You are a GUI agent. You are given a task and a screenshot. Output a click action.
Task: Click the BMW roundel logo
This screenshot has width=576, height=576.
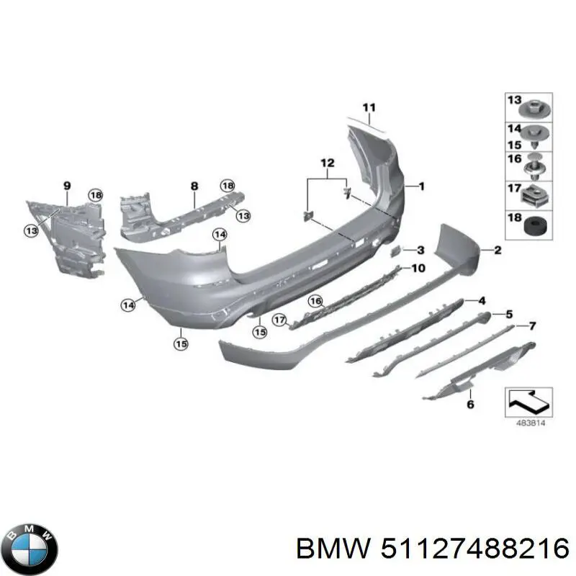(x=32, y=548)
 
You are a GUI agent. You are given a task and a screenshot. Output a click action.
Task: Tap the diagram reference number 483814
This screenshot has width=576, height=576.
(x=531, y=423)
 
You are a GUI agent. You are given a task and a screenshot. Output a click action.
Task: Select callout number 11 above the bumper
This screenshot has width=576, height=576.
(x=369, y=107)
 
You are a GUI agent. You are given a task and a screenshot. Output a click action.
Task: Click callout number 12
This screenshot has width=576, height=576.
(x=328, y=163)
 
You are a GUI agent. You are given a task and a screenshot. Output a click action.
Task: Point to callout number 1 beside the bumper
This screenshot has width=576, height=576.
(x=421, y=186)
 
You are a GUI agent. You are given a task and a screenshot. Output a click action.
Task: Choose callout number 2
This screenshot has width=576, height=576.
(x=498, y=250)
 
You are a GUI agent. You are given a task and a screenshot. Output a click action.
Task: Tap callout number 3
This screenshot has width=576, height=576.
(x=420, y=250)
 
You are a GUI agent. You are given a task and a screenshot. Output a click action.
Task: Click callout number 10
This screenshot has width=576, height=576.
(x=418, y=268)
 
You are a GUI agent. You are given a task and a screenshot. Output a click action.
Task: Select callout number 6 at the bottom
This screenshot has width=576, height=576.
(x=471, y=405)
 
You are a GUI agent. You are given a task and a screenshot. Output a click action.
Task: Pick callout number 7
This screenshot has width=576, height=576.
(x=532, y=325)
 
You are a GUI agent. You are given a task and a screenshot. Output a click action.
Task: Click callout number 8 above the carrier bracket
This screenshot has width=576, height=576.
(x=194, y=186)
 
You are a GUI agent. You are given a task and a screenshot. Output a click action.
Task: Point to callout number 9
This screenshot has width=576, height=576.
(x=67, y=186)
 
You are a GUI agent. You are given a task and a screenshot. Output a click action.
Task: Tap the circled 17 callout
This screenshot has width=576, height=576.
(x=279, y=320)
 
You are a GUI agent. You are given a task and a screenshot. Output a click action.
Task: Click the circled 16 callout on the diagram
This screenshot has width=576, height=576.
(x=315, y=302)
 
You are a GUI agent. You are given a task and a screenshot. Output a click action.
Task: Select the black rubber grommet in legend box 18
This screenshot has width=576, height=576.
(x=535, y=225)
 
